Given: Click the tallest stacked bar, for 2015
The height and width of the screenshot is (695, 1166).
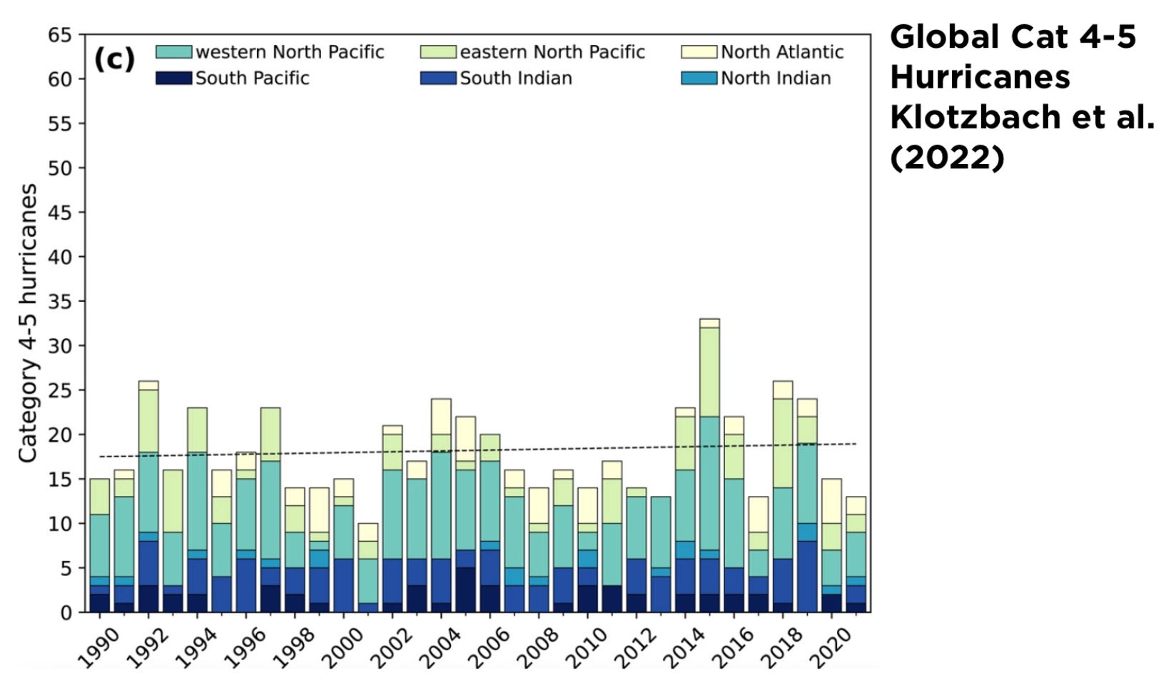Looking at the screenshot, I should pyautogui.click(x=710, y=464).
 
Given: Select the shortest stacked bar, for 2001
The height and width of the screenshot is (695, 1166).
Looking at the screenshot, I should pyautogui.click(x=368, y=567).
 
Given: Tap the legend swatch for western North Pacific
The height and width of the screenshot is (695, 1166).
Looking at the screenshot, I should pyautogui.click(x=173, y=52).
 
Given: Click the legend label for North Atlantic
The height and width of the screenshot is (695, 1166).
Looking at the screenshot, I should pyautogui.click(x=782, y=52).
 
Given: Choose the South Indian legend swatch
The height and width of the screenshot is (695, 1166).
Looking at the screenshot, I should pyautogui.click(x=438, y=78).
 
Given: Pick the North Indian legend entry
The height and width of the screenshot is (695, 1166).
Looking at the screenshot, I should pyautogui.click(x=776, y=78).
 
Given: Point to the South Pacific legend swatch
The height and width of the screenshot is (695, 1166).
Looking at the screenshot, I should pyautogui.click(x=173, y=78).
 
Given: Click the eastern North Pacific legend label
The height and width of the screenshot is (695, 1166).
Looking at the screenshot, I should pyautogui.click(x=552, y=52).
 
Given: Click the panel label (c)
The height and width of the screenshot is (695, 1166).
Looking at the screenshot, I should pyautogui.click(x=114, y=60).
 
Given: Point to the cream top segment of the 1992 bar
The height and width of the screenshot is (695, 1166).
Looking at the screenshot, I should pyautogui.click(x=148, y=385).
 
